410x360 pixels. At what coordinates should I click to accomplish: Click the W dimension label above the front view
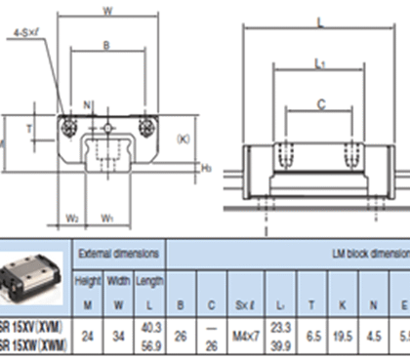(x=106, y=12)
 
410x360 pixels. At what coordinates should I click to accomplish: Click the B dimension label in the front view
(x=106, y=46)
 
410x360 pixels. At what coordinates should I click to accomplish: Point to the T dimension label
(x=28, y=128)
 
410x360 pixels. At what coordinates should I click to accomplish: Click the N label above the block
(x=87, y=103)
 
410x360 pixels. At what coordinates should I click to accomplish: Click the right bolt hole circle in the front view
(x=146, y=125)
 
